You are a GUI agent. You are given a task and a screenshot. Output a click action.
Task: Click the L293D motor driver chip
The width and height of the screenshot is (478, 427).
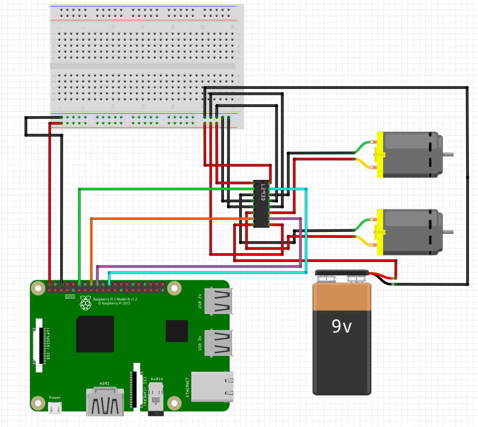[x=262, y=203]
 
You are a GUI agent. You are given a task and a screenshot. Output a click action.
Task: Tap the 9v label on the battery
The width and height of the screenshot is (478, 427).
[x=342, y=326]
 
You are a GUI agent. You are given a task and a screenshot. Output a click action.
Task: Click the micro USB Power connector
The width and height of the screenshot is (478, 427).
[x=55, y=407]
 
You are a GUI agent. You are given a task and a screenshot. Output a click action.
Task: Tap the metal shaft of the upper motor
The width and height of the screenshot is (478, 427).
[x=447, y=154]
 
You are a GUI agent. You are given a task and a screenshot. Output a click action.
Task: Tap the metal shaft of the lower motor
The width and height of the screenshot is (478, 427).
[x=447, y=232]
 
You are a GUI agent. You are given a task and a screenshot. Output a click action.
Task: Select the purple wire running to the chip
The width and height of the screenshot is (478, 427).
[x=204, y=266]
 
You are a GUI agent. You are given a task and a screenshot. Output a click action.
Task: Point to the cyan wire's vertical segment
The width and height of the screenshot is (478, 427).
[x=307, y=229]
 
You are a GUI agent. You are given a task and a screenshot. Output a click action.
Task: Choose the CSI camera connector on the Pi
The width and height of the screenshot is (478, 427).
[x=136, y=385]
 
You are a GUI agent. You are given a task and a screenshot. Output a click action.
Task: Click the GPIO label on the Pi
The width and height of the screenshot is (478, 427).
[x=70, y=296]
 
